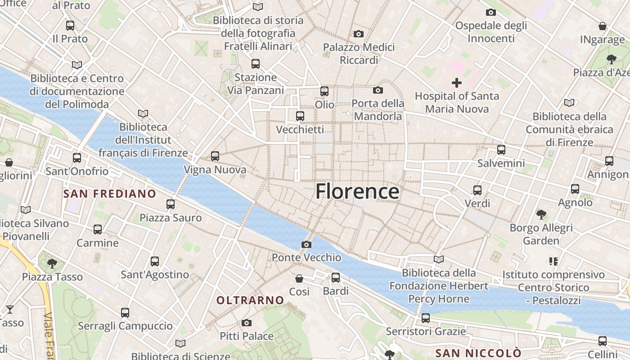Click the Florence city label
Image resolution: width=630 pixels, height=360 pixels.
(357, 191)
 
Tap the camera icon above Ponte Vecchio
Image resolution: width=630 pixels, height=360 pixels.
(306, 244)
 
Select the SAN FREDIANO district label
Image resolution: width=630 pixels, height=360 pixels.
(110, 194)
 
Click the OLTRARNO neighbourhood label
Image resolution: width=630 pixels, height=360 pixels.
(250, 300)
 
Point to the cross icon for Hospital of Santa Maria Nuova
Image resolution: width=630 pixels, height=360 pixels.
(457, 83)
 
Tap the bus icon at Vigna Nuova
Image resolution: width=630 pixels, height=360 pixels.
(215, 156)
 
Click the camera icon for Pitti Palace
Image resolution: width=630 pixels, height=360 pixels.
(246, 323)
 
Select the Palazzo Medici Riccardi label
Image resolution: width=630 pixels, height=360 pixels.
(359, 54)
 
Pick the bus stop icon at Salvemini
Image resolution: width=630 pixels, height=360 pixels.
(501, 150)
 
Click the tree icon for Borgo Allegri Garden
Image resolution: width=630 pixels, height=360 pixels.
(541, 214)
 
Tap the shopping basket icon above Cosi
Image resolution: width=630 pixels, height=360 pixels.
(299, 279)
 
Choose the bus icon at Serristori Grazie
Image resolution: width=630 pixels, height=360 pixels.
(426, 318)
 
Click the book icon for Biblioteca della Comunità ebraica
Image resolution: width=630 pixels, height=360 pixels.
(569, 103)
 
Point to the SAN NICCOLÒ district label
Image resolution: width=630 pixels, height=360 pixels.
(478, 353)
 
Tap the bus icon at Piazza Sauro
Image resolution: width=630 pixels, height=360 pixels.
(171, 204)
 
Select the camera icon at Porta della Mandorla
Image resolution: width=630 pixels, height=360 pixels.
(378, 90)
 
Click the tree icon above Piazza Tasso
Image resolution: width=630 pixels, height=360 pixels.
(52, 263)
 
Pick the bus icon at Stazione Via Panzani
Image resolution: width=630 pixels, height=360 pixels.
(256, 64)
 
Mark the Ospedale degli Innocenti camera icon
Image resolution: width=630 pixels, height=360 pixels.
(491, 12)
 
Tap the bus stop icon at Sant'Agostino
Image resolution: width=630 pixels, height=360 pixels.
(155, 261)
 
